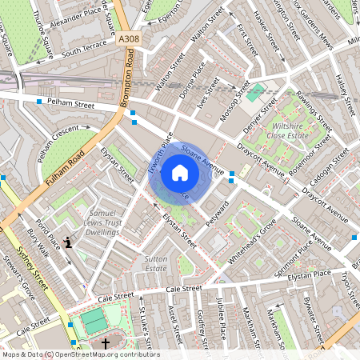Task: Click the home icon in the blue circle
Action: coord(180,172)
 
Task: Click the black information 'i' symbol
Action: coord(69,242)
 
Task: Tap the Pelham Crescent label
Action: coord(58,135)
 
